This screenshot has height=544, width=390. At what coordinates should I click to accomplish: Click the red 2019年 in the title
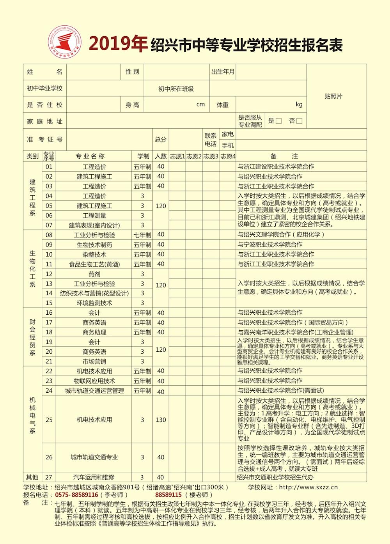click(118, 44)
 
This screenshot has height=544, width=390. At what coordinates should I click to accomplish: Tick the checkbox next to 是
click(278, 121)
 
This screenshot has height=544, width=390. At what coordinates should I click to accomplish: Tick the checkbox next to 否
click(299, 121)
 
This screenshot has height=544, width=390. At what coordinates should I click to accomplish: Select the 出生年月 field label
click(223, 72)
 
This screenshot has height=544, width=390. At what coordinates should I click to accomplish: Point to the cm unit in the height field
click(200, 105)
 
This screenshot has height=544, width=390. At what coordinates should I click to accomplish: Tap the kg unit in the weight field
click(299, 105)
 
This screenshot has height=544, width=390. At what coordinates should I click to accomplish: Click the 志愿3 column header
click(211, 156)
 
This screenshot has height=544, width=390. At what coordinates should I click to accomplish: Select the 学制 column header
click(143, 156)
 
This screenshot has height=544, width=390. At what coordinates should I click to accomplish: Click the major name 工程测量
click(94, 216)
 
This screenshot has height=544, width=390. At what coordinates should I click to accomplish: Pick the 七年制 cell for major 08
click(142, 235)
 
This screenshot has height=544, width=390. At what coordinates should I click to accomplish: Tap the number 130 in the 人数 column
click(161, 420)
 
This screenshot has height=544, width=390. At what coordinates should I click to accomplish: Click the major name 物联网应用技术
click(94, 381)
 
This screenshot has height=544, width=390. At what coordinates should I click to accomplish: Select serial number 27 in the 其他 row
click(49, 477)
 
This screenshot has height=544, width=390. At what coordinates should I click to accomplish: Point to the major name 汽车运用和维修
click(94, 477)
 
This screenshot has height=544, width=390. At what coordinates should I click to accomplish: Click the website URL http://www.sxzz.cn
click(308, 487)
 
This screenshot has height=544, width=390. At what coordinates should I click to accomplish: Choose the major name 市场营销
click(94, 361)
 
